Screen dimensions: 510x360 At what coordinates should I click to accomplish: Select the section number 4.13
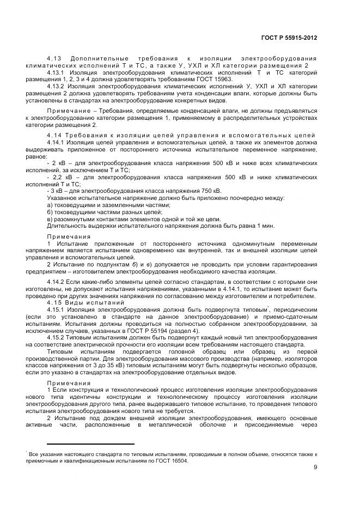54,58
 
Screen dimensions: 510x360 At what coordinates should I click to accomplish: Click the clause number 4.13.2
57,86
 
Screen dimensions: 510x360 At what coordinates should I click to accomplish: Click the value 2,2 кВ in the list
64,177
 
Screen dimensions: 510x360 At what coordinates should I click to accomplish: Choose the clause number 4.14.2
57,281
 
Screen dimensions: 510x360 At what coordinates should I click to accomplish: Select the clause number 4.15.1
57,309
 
